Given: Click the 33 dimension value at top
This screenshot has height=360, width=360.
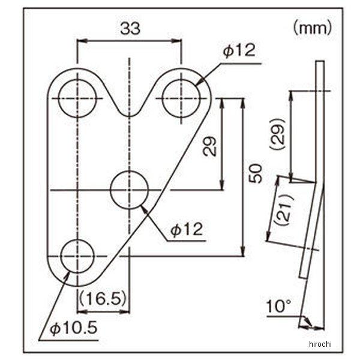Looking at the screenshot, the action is [x=130, y=28].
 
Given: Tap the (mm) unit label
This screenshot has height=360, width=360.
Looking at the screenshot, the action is [x=313, y=28].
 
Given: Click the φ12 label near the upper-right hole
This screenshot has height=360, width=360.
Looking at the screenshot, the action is [x=239, y=50].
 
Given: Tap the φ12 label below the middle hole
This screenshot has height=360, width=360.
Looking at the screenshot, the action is [x=187, y=229].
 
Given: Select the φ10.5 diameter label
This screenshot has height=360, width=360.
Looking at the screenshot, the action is [x=74, y=328].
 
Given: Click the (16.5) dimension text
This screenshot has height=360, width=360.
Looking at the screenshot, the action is [x=103, y=298].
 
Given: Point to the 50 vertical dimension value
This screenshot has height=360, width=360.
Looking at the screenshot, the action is [x=256, y=173].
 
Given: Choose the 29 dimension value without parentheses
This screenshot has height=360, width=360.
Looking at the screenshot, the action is [x=210, y=146].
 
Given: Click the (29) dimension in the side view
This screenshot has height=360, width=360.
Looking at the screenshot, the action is [x=278, y=134].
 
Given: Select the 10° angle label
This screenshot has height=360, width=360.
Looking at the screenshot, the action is [x=279, y=306].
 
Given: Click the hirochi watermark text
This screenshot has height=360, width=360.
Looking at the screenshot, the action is [x=320, y=344].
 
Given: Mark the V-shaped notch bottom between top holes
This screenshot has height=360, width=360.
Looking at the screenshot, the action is [x=130, y=116].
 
